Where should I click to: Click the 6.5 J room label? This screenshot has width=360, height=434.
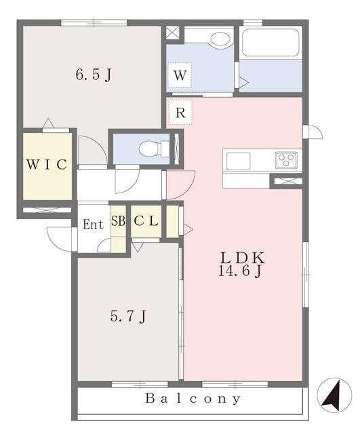(94, 75)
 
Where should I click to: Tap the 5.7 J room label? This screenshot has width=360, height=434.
(128, 316)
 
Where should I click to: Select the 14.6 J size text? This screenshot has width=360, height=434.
(240, 271)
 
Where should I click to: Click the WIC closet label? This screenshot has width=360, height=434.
(47, 165)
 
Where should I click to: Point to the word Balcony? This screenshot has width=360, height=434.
(193, 398)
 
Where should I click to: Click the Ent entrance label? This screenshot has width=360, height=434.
(94, 224)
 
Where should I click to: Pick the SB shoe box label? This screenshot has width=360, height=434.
(118, 221)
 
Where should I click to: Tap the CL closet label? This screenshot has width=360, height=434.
(146, 220)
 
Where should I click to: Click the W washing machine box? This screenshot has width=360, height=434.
(180, 75)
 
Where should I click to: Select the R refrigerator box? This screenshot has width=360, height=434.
(180, 112)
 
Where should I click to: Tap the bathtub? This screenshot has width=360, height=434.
(271, 43)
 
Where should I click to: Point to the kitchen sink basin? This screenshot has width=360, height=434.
(238, 161)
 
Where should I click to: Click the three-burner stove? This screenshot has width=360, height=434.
(286, 160)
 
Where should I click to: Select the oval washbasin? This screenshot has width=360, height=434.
(220, 39)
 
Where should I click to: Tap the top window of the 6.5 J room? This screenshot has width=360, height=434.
(94, 22)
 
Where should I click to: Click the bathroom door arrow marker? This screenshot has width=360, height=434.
(243, 82)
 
